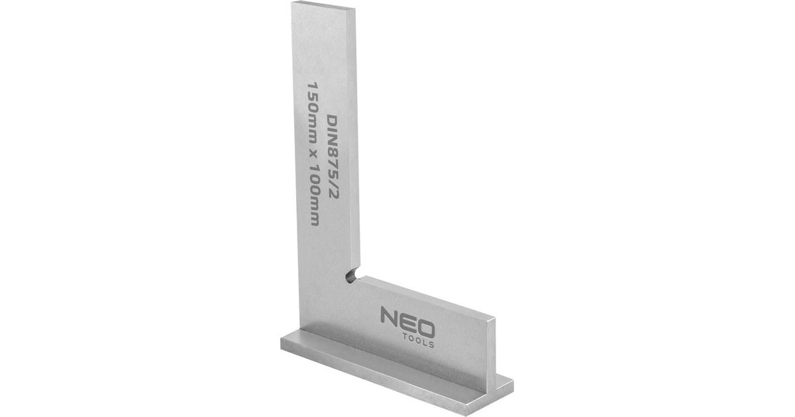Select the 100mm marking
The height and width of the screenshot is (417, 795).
click(x=314, y=197)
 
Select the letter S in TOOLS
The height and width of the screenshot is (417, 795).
click(x=431, y=345)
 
